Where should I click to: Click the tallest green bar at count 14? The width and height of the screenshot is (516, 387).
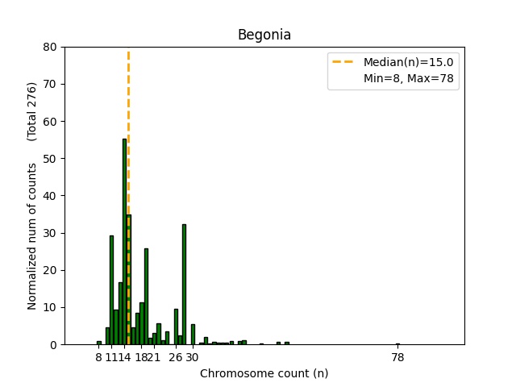click(124, 242)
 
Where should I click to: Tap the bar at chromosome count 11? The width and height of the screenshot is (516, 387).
click(111, 290)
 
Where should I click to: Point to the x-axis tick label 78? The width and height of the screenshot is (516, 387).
click(397, 358)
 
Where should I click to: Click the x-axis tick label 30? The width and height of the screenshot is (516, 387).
click(193, 358)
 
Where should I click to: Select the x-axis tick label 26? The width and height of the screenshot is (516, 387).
click(175, 358)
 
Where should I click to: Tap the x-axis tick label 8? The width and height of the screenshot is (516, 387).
click(98, 358)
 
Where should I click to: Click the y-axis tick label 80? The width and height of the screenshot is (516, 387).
click(50, 47)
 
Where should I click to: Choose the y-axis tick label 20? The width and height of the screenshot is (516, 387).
click(50, 270)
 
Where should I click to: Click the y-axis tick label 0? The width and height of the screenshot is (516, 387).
click(53, 344)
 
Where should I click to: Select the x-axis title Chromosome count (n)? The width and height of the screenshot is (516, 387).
click(264, 373)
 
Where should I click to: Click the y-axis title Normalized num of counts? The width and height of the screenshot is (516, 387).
click(32, 236)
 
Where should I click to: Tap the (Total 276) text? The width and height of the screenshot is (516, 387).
click(32, 111)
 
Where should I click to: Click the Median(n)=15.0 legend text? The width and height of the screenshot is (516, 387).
click(408, 62)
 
